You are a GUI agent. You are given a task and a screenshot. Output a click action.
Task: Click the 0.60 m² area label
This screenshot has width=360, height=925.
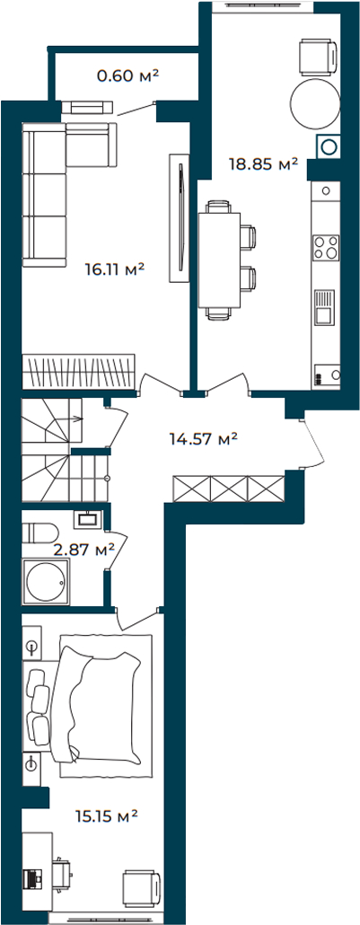tap(128, 75)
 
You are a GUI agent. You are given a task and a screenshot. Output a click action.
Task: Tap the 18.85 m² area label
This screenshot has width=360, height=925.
tap(263, 163)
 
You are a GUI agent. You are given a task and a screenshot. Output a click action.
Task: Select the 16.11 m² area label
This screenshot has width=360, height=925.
tap(115, 269)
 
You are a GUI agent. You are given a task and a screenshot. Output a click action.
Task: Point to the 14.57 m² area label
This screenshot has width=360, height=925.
tap(204, 438)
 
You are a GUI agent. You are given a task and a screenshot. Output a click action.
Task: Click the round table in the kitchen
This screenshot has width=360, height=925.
tap(314, 104)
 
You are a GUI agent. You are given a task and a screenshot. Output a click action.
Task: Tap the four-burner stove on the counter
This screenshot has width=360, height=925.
tap(327, 247)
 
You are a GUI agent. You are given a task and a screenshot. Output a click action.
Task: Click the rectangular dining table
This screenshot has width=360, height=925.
tap(219, 260)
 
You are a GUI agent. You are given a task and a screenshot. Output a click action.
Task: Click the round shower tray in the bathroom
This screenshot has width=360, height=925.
tap(46, 581)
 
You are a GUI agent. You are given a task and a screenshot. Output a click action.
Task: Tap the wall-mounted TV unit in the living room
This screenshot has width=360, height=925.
tap(179, 217)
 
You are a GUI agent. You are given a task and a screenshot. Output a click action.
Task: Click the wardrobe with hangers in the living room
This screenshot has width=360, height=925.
tap(78, 371)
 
